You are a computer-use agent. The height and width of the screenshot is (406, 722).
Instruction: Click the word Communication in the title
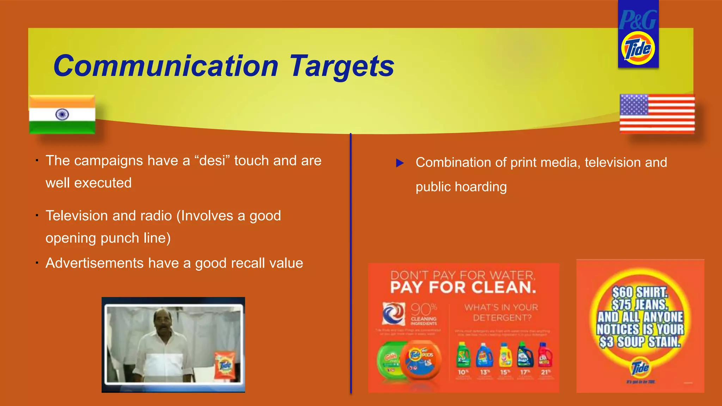point(166,66)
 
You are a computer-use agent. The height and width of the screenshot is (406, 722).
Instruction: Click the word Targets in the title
point(341,66)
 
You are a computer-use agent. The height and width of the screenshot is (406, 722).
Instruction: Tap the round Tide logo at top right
point(638,48)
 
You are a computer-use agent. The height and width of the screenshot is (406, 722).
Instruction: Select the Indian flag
point(62,115)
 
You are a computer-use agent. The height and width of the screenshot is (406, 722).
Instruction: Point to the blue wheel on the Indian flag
point(62,114)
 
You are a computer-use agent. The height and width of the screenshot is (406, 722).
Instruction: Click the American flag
point(657,113)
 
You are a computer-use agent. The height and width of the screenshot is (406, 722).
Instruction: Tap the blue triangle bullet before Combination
point(399,163)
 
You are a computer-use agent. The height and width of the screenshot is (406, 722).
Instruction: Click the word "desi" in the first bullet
point(212,161)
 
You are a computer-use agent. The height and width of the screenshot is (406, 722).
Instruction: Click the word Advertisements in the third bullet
point(94,263)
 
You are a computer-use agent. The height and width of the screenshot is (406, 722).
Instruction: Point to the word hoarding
point(481,187)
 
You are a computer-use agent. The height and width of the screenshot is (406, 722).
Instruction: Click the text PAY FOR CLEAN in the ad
point(463,288)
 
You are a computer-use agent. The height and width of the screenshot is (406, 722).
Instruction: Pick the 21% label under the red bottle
point(545,372)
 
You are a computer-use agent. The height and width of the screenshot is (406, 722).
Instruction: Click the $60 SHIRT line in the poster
point(640,292)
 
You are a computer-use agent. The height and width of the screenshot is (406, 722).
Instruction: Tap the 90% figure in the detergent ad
point(423,309)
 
